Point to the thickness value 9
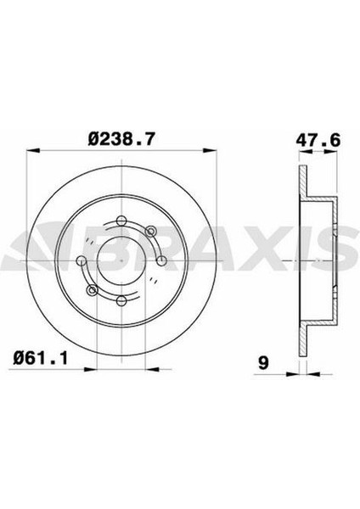point(263,364)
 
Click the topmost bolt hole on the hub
point(121,222)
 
